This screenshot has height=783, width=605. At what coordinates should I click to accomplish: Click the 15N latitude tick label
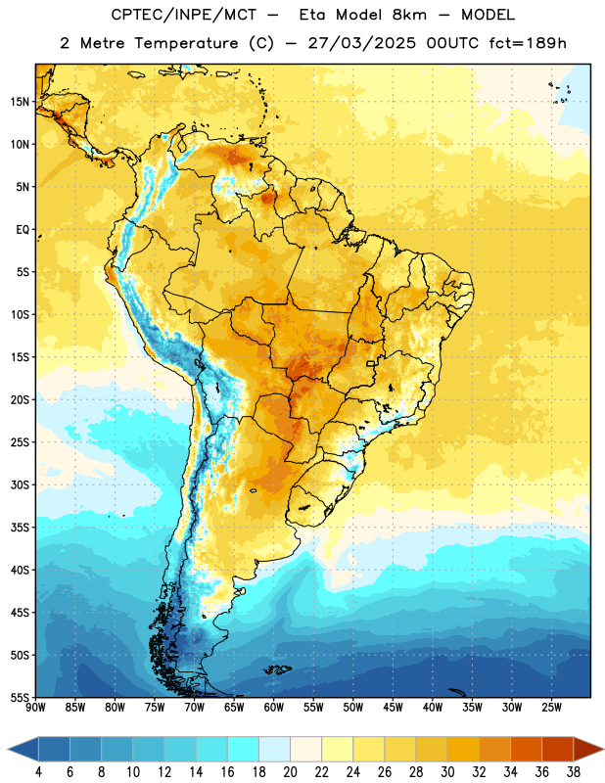point(20,102)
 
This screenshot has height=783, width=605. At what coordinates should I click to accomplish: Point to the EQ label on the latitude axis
point(23,230)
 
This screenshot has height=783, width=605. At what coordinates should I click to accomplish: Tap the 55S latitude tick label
point(20,697)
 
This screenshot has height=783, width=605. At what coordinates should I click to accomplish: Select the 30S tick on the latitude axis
point(20,484)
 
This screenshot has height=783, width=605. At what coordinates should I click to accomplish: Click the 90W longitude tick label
point(35,707)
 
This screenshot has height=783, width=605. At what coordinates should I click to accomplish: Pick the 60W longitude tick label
point(274,707)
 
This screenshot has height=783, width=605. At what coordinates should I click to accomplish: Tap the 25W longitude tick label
point(551,707)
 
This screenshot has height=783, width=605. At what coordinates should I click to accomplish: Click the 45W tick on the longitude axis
point(393,707)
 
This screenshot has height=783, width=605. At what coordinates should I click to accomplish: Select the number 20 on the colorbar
point(290,772)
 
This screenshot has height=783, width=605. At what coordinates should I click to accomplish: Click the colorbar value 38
point(574,772)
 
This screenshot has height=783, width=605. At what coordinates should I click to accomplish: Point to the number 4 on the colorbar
point(38,772)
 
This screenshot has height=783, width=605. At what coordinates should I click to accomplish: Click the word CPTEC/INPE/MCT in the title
point(183,15)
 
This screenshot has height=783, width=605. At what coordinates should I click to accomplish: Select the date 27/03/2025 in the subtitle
point(361,43)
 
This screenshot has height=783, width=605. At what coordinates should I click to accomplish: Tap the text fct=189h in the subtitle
point(528,43)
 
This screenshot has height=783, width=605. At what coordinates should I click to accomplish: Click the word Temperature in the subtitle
point(186,43)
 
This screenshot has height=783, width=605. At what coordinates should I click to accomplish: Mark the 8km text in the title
point(409,15)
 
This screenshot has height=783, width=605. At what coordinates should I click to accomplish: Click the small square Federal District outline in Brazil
point(371,363)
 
